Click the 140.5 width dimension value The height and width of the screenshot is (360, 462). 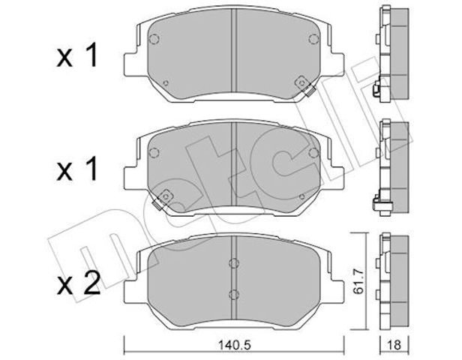234,345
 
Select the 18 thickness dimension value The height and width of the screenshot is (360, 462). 394,345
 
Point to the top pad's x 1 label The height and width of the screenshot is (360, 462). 77,55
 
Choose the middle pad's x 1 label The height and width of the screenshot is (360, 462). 77,169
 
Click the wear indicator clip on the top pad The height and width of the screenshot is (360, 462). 305,85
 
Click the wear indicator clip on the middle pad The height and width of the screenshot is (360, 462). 162,199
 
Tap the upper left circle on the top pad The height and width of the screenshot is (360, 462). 154,39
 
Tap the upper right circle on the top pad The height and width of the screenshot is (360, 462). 313,39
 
